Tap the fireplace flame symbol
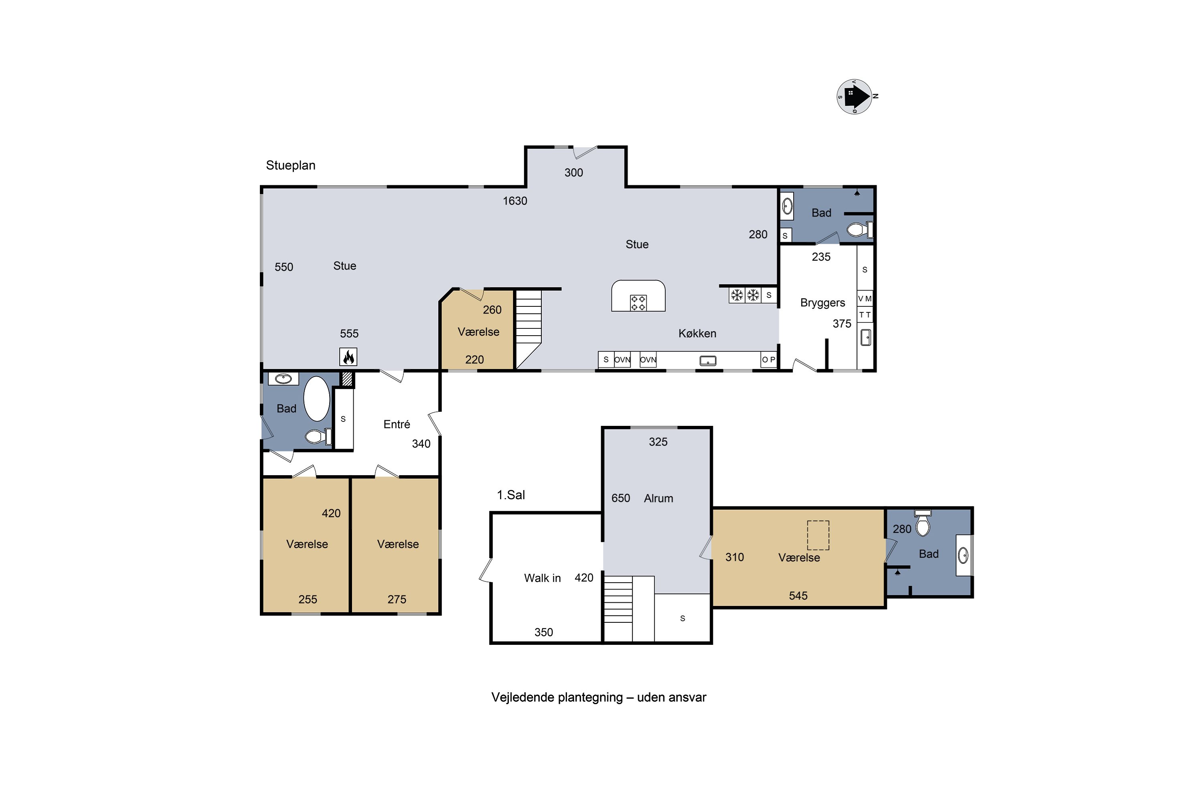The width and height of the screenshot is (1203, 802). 348,356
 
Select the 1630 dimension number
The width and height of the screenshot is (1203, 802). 514,201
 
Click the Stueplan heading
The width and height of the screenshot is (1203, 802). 290,165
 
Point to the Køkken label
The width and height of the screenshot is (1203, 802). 697,334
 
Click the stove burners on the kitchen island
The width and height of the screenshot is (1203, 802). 638,303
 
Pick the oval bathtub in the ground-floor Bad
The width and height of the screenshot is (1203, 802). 317,399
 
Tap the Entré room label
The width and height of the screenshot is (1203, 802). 397,424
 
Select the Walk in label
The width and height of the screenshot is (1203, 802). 542,578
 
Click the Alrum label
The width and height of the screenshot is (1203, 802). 658,498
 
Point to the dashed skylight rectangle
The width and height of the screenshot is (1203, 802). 818,535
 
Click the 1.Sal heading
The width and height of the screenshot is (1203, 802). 511,494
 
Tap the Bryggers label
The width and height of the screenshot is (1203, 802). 822,303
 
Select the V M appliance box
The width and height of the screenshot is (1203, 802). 865,298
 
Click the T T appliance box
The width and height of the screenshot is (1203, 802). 865,314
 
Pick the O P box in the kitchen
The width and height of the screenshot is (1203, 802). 769,360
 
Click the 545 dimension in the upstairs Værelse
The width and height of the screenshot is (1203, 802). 798,595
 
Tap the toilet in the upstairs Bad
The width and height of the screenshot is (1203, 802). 922,523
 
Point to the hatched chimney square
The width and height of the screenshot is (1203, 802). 347,379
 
